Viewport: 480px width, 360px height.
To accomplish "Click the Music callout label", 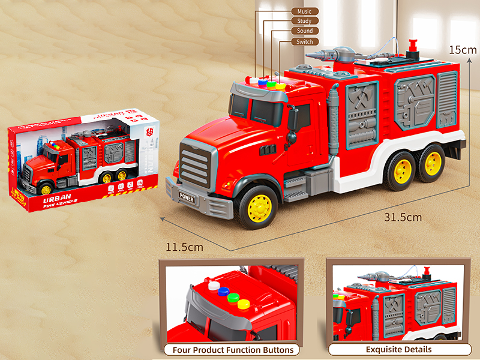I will click(305, 11).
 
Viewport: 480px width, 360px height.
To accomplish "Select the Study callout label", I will click(305, 21).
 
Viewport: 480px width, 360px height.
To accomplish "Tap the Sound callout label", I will click(305, 31).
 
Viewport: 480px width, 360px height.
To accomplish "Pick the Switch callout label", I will click(305, 42).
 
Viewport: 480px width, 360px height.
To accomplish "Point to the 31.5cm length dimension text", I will click(403, 217).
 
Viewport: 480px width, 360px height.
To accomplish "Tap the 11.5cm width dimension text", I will click(185, 247).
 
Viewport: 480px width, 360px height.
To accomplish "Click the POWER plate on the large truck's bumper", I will click(187, 197).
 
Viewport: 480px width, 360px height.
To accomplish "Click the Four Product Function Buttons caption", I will click(233, 350).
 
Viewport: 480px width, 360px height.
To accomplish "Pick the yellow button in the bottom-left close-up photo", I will click(243, 304).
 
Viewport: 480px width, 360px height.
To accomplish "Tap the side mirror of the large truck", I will click(292, 121).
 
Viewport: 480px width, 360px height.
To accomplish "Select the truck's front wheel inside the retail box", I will click(46, 189).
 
